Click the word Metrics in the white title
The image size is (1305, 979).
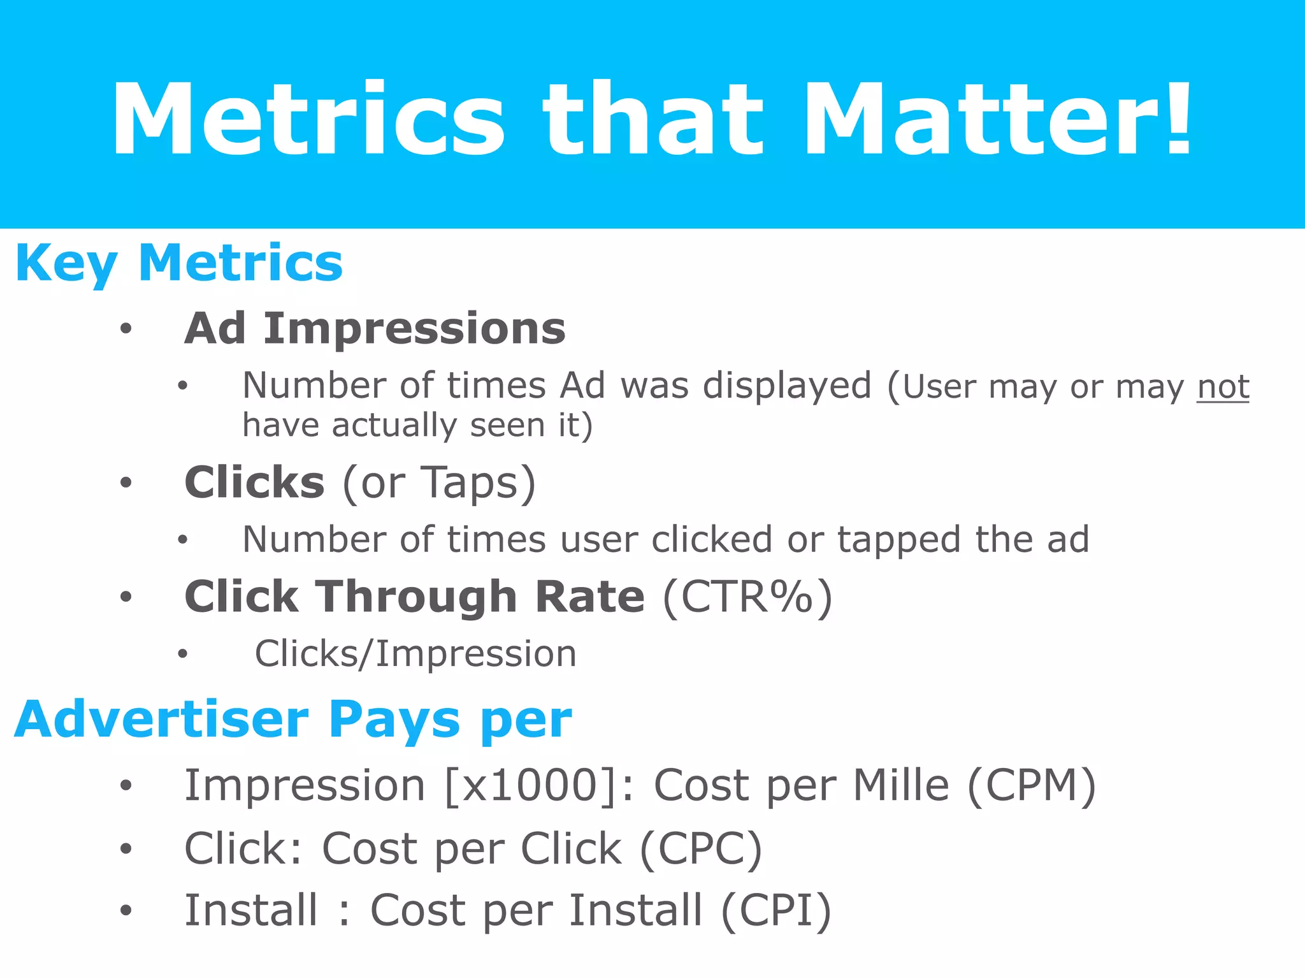308,119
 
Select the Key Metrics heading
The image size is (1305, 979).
179,263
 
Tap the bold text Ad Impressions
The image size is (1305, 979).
375,329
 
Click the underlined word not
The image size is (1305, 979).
1223,387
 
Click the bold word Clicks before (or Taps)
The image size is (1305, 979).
254,482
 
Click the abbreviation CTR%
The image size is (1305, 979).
747,597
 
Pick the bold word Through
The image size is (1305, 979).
417,597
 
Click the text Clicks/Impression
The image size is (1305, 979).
415,654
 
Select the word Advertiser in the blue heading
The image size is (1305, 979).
162,720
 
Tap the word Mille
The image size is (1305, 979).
901,785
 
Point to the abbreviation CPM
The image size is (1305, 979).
1032,785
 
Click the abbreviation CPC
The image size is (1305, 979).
700,849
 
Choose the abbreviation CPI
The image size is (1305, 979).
776,910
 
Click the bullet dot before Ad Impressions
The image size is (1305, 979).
126,329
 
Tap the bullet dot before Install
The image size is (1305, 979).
126,910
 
